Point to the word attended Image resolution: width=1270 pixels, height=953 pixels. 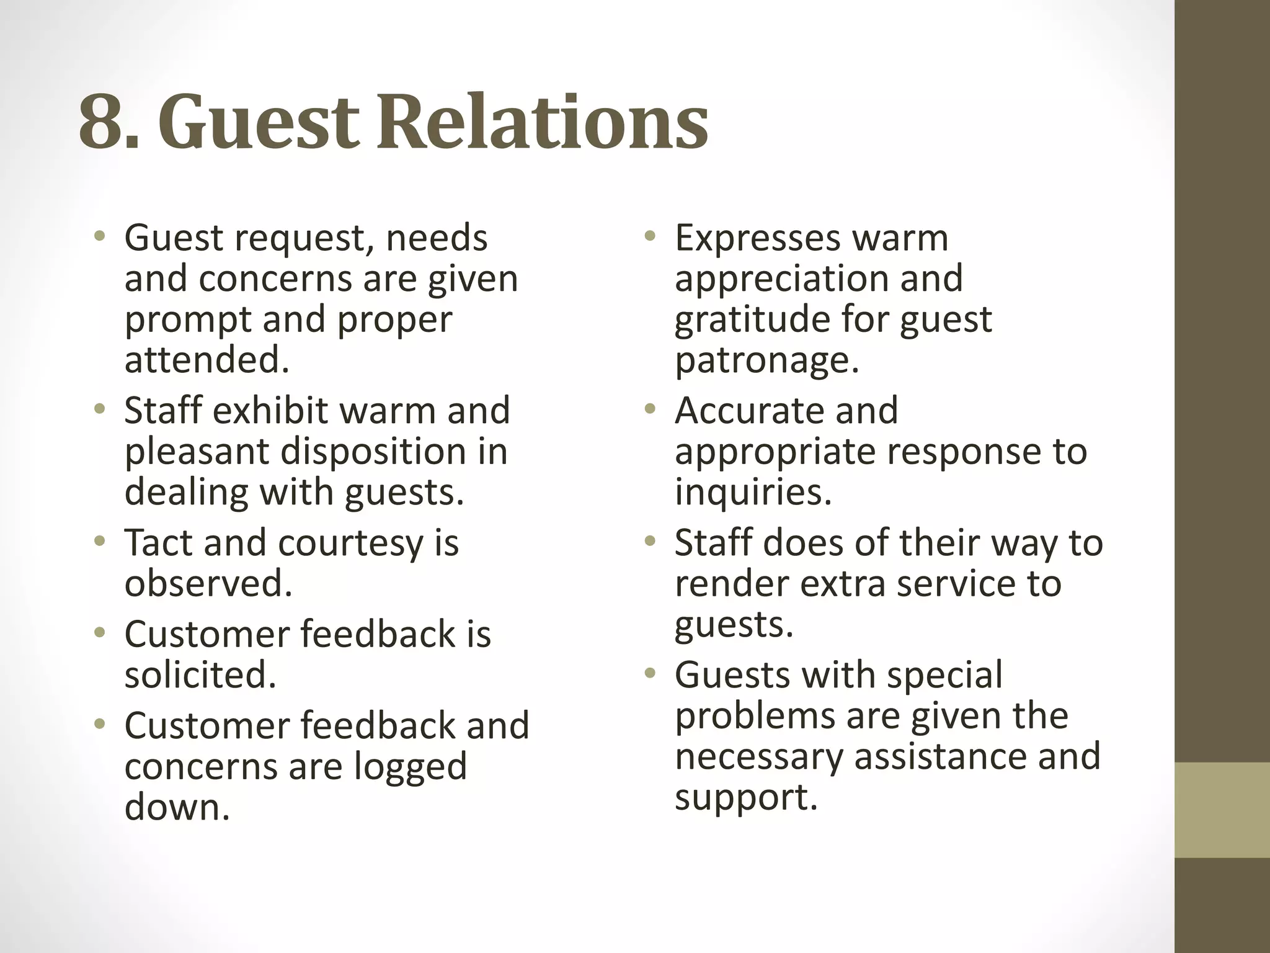coord(206,360)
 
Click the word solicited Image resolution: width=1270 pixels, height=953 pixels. coord(200,674)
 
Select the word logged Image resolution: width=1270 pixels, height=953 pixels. coord(410,767)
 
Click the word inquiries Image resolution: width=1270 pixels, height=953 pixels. coord(752,492)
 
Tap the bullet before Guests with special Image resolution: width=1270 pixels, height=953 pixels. coord(649,673)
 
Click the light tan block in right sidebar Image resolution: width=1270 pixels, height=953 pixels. coord(1222,810)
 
